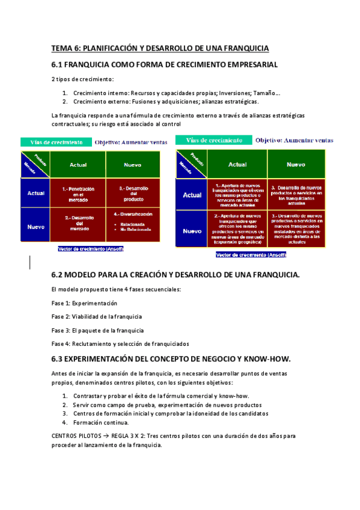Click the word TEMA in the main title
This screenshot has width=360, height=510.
pyautogui.click(x=61, y=48)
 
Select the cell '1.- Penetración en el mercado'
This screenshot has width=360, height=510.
pyautogui.click(x=78, y=192)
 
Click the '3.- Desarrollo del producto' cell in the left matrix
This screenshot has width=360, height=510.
pyautogui.click(x=133, y=192)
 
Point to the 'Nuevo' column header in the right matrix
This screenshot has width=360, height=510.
pyautogui.click(x=296, y=164)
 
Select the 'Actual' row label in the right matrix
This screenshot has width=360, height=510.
pyautogui.click(x=192, y=195)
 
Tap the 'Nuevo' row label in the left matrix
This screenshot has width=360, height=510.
pyautogui.click(x=35, y=227)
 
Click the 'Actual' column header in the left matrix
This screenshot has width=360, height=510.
pyautogui.click(x=78, y=164)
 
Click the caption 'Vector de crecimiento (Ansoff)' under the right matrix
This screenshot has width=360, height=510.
pyautogui.click(x=251, y=254)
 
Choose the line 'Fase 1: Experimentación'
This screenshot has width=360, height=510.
pyautogui.click(x=84, y=303)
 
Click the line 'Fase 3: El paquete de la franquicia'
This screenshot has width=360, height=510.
pyautogui.click(x=97, y=330)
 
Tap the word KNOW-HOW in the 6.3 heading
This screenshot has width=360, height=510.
pyautogui.click(x=269, y=359)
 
